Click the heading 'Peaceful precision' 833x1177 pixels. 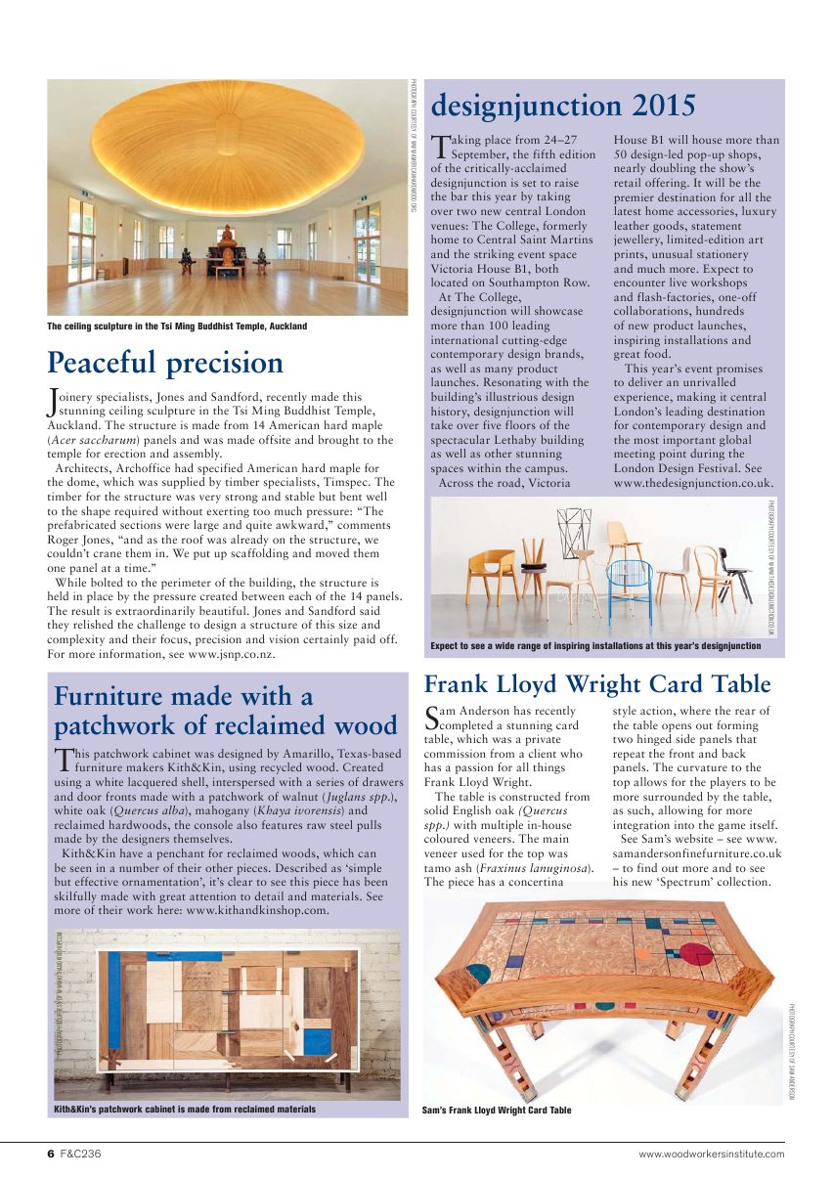[165, 363]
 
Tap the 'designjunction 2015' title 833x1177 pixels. [563, 105]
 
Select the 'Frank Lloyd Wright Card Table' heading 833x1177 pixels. [596, 683]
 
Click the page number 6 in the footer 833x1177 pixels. [51, 1154]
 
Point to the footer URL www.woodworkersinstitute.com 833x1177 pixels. [711, 1155]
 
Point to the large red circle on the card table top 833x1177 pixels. [696, 952]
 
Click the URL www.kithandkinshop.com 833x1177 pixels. [256, 909]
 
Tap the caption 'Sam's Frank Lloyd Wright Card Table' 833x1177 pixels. [497, 1110]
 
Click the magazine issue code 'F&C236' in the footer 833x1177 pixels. [81, 1154]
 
